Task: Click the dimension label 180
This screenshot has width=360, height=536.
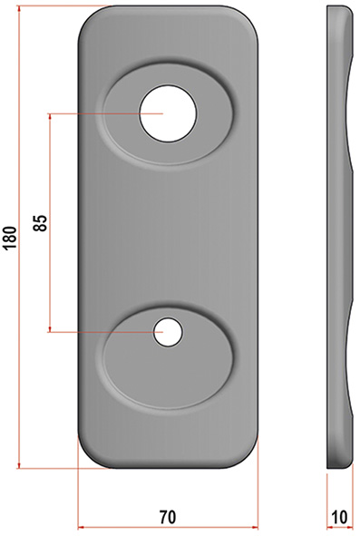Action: coord(10,238)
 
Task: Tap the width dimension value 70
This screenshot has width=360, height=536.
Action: coord(168,517)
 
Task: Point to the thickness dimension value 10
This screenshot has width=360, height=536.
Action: coord(339,517)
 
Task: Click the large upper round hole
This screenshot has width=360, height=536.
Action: coord(168,113)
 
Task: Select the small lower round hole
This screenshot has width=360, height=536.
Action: coord(168,332)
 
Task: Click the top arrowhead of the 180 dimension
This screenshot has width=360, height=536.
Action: coord(19,8)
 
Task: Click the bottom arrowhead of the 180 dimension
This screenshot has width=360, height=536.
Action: coord(19,465)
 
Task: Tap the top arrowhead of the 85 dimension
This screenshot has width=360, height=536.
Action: coord(50,117)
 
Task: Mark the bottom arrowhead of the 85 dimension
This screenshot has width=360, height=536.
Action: coord(50,328)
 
